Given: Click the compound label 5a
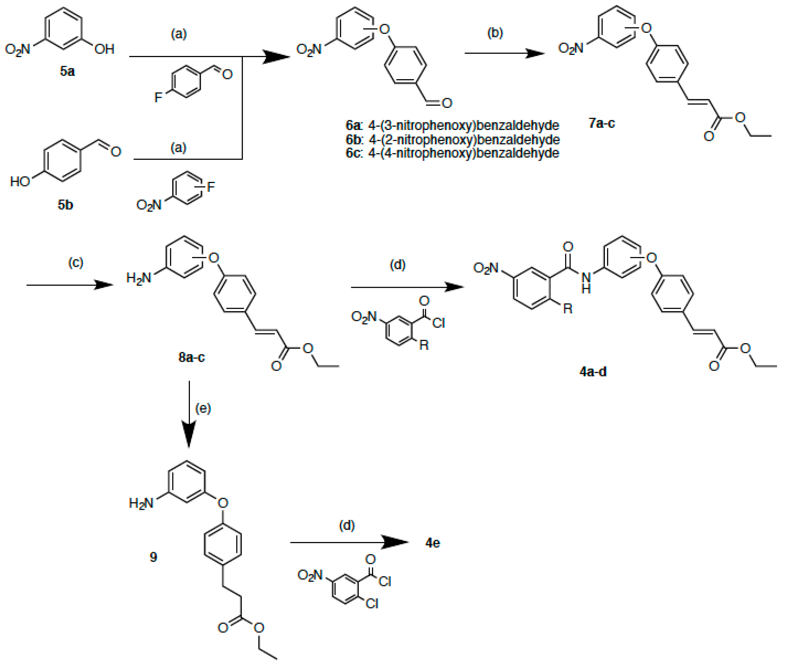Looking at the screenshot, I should coord(67,71).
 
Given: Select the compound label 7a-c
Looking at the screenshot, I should coord(602,123).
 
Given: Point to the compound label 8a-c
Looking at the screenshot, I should coord(191,357).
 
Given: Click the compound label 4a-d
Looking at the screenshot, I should coord(593,372).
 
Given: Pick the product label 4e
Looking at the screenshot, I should coord(433,543).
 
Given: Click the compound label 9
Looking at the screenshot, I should coord(153,557).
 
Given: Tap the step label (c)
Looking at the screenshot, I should coord(76,262).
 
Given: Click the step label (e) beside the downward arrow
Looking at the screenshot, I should coord(203,408).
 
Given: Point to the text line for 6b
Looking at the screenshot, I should coord(453,139).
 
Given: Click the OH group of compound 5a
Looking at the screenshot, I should coord(104,49).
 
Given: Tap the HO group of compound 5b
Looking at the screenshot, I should coord(20,182).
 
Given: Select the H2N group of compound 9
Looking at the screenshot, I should coord(141,503).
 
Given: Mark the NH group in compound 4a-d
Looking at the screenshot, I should coord(586,282).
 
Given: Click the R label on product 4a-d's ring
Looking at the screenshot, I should coord(568,309).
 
